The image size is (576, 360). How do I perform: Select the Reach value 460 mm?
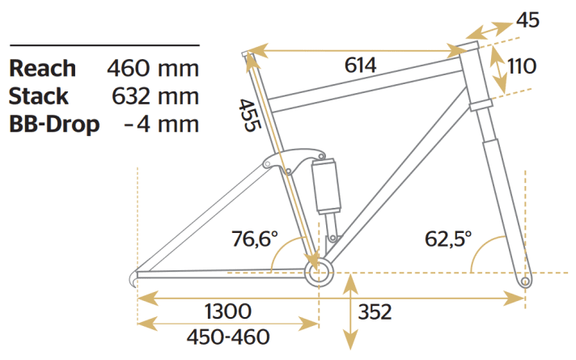153,69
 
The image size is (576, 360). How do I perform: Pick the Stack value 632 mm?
153,97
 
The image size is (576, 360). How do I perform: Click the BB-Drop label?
54,125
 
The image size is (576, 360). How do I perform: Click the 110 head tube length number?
523,66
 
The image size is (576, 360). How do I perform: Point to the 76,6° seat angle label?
254,239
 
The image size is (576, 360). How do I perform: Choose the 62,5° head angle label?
449,239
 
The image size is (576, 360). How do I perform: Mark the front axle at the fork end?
527,281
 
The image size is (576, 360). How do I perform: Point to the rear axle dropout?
138,273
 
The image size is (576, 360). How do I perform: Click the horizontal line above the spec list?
103,45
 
